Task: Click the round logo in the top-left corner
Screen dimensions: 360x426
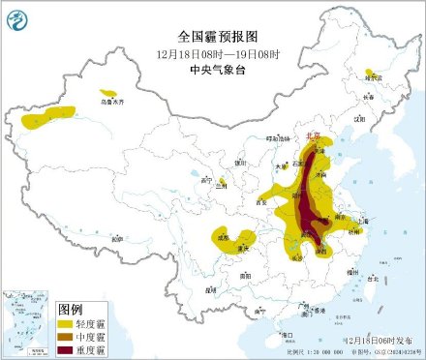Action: (19, 17)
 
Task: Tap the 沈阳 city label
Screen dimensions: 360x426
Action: (359, 119)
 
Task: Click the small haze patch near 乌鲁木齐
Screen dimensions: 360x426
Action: (109, 93)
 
